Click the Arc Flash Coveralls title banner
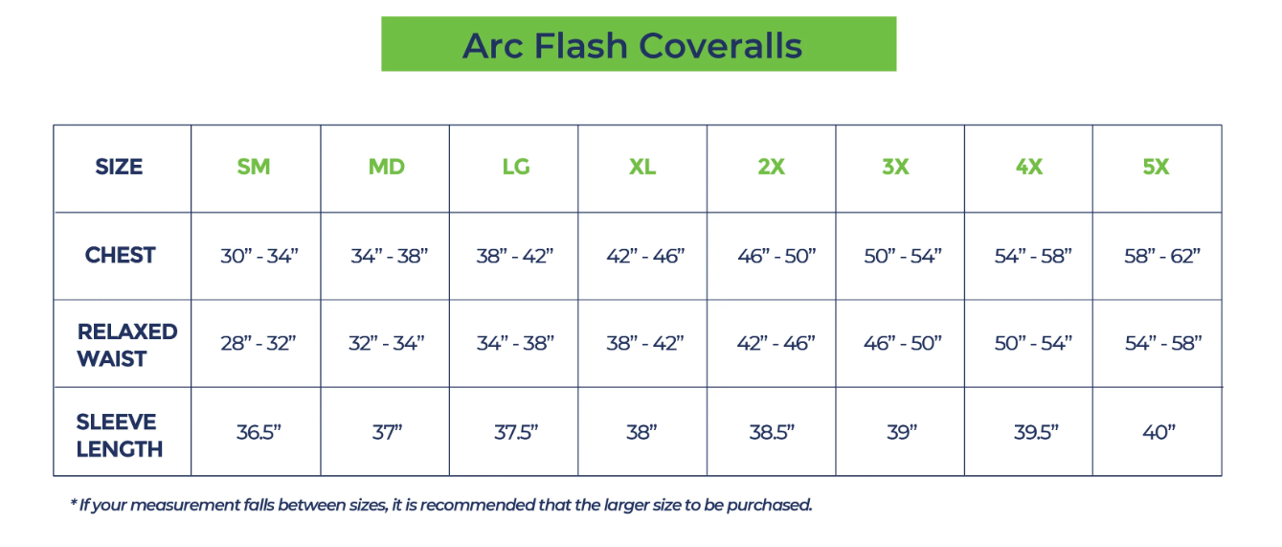pyautogui.click(x=638, y=44)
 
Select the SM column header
pyautogui.click(x=254, y=167)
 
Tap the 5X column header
pyautogui.click(x=1156, y=167)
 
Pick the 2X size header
pyautogui.click(x=771, y=167)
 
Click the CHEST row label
pyautogui.click(x=120, y=256)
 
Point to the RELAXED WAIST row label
pyautogui.click(x=126, y=345)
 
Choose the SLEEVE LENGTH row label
pyautogui.click(x=119, y=435)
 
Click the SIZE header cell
pyautogui.click(x=119, y=167)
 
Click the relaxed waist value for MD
pyautogui.click(x=387, y=343)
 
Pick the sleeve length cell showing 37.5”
pyautogui.click(x=516, y=432)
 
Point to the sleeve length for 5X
pyautogui.click(x=1158, y=432)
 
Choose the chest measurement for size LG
pyautogui.click(x=515, y=257)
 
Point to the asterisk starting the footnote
pyautogui.click(x=74, y=504)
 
